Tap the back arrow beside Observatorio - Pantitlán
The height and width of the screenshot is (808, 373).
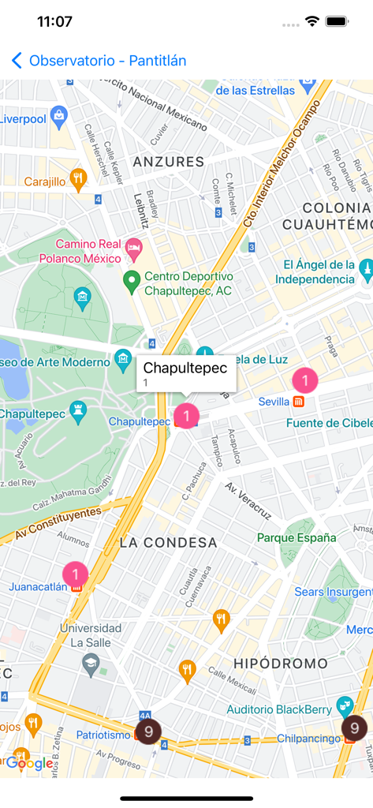(x=17, y=61)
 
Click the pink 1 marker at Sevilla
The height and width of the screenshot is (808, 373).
(x=305, y=380)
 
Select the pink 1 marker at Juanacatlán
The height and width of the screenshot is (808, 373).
(x=75, y=574)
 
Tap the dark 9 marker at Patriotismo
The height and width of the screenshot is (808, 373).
(x=148, y=731)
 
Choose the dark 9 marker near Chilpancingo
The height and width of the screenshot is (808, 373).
(x=354, y=728)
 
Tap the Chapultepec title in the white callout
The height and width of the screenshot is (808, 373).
(x=185, y=368)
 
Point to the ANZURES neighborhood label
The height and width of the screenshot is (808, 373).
(x=169, y=162)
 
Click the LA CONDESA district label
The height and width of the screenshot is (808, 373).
(x=168, y=543)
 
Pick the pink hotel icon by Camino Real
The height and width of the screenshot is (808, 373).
(x=133, y=251)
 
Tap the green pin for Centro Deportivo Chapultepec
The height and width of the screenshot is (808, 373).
(x=132, y=279)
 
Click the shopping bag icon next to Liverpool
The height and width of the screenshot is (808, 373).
(x=58, y=117)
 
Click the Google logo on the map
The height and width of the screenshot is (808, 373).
(x=29, y=763)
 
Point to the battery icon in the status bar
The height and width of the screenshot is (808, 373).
(x=338, y=22)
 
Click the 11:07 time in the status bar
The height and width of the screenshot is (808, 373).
(x=54, y=22)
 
